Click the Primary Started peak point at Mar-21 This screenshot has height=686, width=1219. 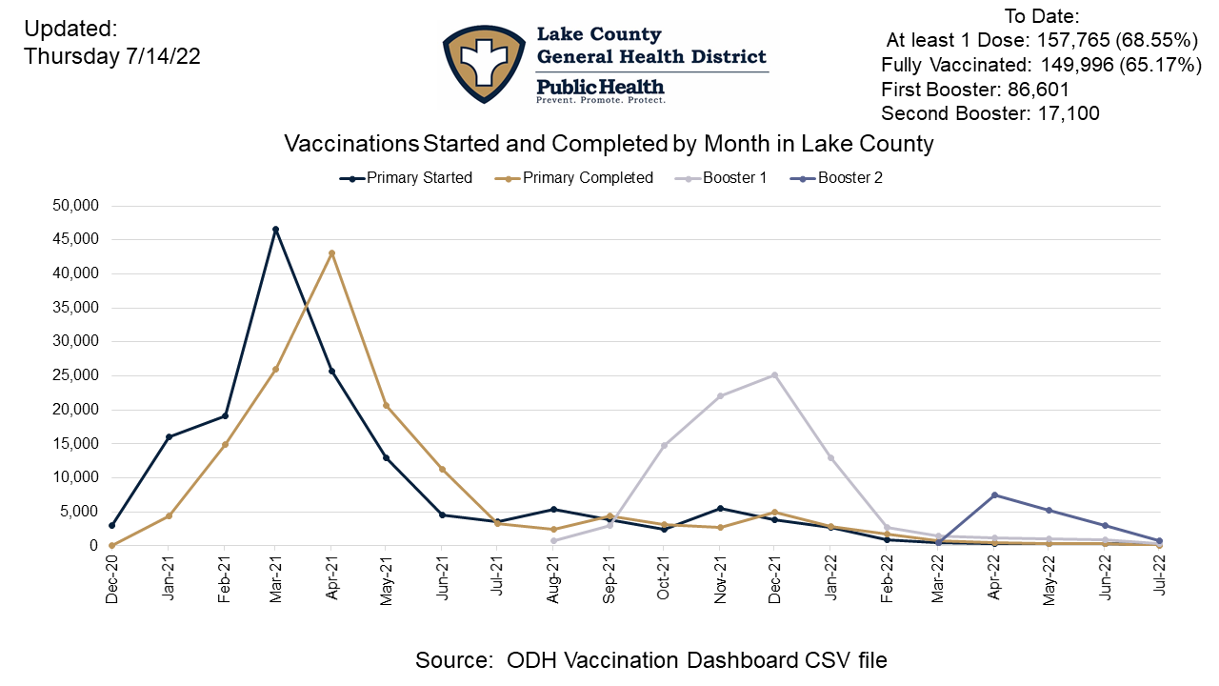[x=276, y=230]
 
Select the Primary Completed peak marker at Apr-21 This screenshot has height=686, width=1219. [x=331, y=253]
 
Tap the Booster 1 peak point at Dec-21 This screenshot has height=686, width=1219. [x=774, y=375]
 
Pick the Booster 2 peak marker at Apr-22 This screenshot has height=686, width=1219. [x=995, y=494]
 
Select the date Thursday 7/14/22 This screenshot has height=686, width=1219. [x=112, y=56]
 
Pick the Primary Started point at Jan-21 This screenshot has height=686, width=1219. [x=169, y=437]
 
